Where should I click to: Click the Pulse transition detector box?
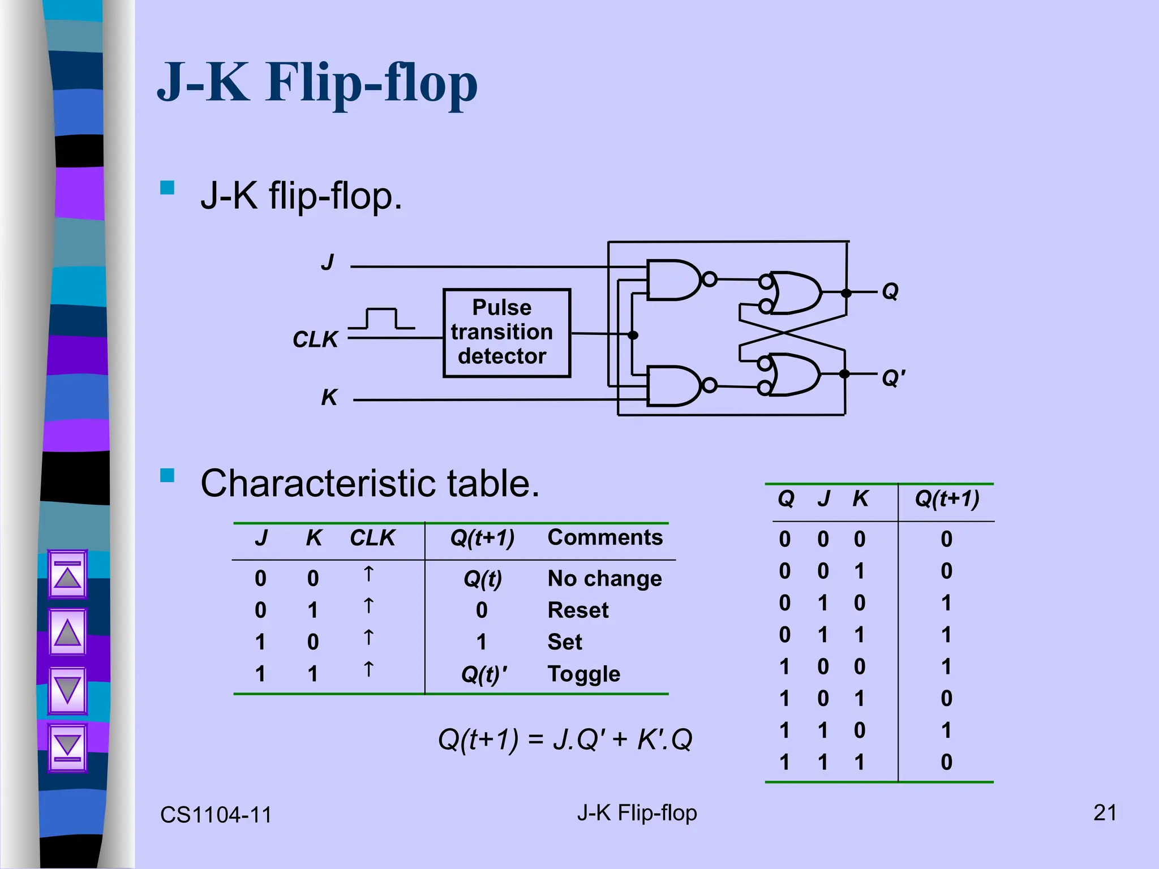click(506, 333)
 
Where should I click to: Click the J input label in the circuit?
click(328, 262)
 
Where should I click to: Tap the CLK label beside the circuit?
click(315, 339)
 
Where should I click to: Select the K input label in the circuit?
click(329, 397)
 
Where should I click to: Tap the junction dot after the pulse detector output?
click(633, 335)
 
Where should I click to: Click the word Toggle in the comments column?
click(583, 674)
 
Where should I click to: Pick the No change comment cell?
click(604, 578)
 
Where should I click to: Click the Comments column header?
click(604, 537)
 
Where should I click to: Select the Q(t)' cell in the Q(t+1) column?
click(484, 674)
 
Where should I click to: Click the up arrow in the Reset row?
click(368, 606)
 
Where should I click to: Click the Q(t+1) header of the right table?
click(947, 498)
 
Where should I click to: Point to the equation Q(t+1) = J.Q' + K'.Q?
click(565, 739)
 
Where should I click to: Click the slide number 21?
click(1105, 812)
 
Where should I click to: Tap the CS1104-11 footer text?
click(216, 815)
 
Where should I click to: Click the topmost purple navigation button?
click(67, 574)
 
